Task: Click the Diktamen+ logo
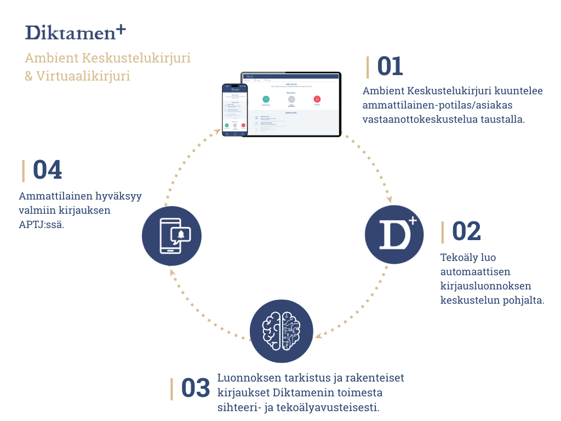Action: [77, 31]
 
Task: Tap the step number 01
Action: [390, 66]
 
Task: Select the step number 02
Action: [466, 231]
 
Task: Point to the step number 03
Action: [196, 388]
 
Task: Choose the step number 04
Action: [47, 170]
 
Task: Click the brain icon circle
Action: [281, 331]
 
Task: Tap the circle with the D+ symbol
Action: [394, 235]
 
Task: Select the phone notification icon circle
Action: [172, 236]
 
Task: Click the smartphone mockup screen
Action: [234, 109]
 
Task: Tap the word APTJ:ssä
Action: [42, 224]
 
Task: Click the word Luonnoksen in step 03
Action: [245, 378]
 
